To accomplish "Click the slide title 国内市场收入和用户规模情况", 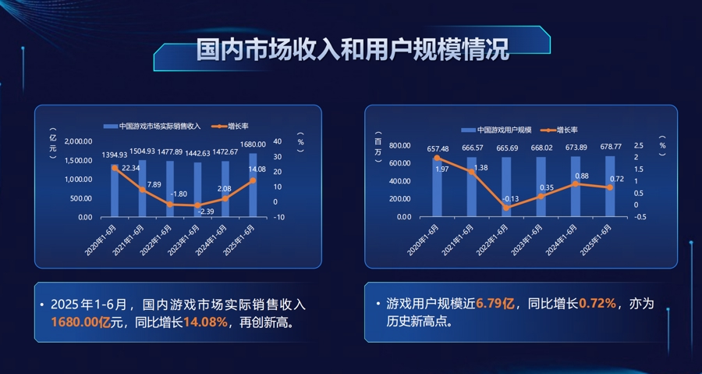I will [x=352, y=51].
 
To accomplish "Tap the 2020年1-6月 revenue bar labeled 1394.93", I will [x=115, y=191].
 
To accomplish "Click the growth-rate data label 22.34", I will [x=131, y=168].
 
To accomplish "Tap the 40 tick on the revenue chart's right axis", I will [x=278, y=142].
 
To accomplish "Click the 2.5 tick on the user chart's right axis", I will [x=639, y=146].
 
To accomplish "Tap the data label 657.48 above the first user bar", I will [x=438, y=148].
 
